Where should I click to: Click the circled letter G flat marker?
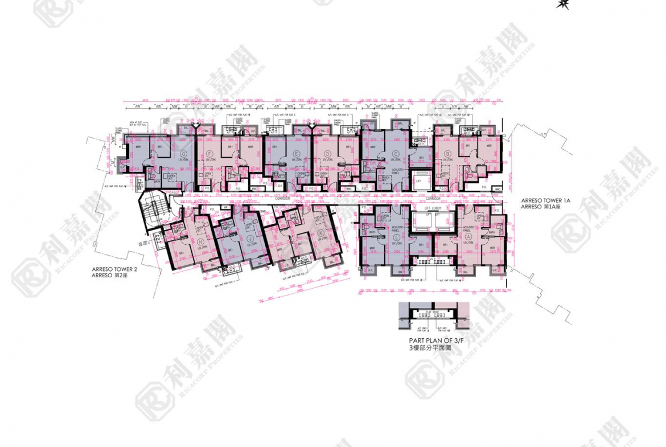tap(184, 154)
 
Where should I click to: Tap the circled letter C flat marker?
tap(394, 154)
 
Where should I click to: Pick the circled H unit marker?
tap(202, 241)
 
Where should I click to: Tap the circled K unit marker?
tap(321, 233)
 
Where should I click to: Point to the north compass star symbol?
tap(563, 4)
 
